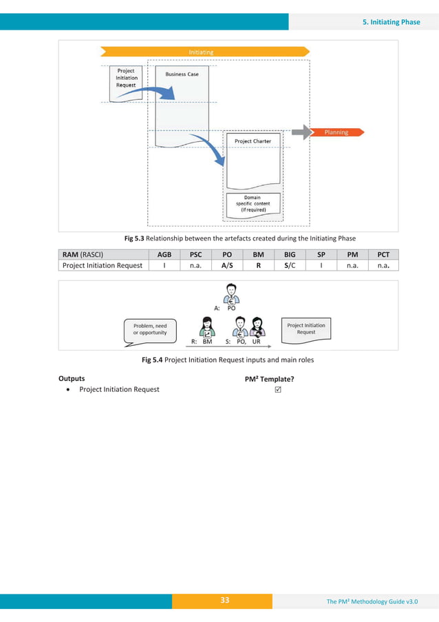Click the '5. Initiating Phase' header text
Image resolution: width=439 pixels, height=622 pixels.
click(391, 21)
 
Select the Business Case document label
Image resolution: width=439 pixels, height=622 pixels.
click(182, 74)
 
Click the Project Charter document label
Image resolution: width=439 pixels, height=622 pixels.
click(253, 141)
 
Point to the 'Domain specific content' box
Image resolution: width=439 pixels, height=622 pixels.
click(253, 204)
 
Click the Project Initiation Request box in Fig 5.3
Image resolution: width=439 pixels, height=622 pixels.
click(126, 77)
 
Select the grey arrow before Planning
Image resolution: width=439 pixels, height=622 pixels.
click(301, 132)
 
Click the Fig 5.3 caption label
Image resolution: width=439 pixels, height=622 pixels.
click(134, 238)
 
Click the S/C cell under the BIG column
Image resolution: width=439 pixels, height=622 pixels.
click(290, 265)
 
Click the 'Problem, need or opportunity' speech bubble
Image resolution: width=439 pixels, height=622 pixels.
click(150, 329)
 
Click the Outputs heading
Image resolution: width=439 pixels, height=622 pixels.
click(72, 378)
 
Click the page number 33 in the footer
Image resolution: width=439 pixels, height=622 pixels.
click(224, 601)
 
